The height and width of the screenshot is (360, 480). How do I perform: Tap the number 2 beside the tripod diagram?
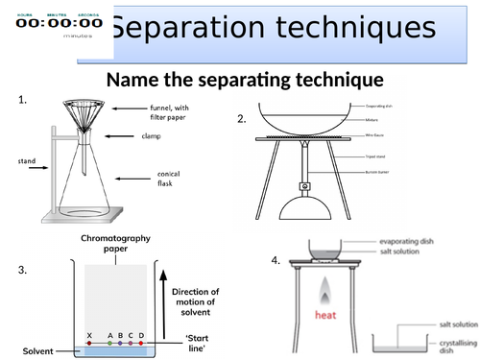[241, 119]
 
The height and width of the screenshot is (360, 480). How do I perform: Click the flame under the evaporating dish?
[325, 289]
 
